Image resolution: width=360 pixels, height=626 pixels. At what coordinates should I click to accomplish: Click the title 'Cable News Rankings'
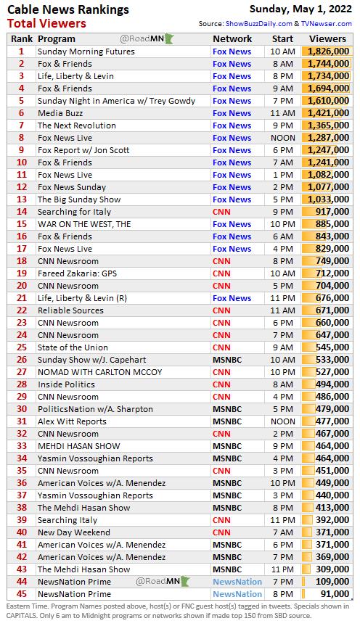(68, 9)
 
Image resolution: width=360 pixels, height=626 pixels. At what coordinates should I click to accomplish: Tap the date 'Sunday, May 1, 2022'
(300, 9)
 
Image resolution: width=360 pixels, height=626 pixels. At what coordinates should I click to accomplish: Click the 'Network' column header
(232, 38)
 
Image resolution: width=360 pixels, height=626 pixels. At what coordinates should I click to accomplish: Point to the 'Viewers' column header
(327, 38)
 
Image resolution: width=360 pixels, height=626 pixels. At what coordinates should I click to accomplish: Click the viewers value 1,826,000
(328, 52)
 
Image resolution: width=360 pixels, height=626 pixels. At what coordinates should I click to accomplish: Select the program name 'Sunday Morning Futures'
(86, 52)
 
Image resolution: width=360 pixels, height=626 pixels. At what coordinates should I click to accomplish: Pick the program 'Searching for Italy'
(74, 212)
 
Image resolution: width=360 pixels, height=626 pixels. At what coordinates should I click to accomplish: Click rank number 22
(22, 310)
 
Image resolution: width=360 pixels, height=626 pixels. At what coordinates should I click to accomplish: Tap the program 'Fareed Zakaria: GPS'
(77, 273)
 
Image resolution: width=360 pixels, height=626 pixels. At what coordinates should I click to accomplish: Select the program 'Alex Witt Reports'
(72, 421)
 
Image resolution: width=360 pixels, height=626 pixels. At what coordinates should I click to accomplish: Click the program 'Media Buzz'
(60, 113)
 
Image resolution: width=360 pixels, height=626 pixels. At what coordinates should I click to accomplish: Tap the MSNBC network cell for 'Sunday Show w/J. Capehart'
(227, 360)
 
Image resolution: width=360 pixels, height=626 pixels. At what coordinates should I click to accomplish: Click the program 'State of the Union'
(73, 347)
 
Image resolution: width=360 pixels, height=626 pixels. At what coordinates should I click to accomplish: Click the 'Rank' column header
(22, 38)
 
